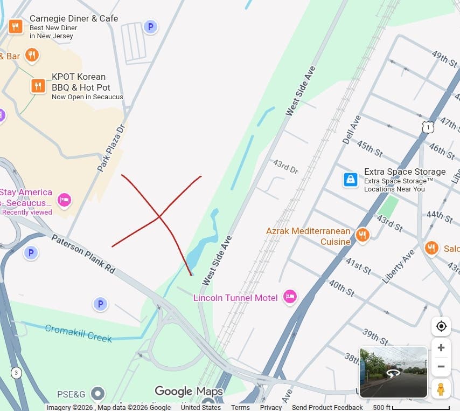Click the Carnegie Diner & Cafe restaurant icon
coord(16,26)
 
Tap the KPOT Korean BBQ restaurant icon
coord(38,86)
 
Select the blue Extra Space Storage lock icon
coord(351,180)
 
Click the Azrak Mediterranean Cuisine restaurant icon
coord(363,235)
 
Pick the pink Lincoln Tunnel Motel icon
coord(290,297)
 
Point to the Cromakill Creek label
coord(78,333)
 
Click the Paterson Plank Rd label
coord(83,254)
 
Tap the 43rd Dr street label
coord(285,166)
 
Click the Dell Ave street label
coord(351,129)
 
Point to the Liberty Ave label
coord(399,266)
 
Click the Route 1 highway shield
coord(428,127)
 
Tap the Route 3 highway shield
coord(16,373)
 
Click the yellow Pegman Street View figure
coord(441,388)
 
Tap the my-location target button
coord(441,326)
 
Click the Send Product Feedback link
coord(327,407)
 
